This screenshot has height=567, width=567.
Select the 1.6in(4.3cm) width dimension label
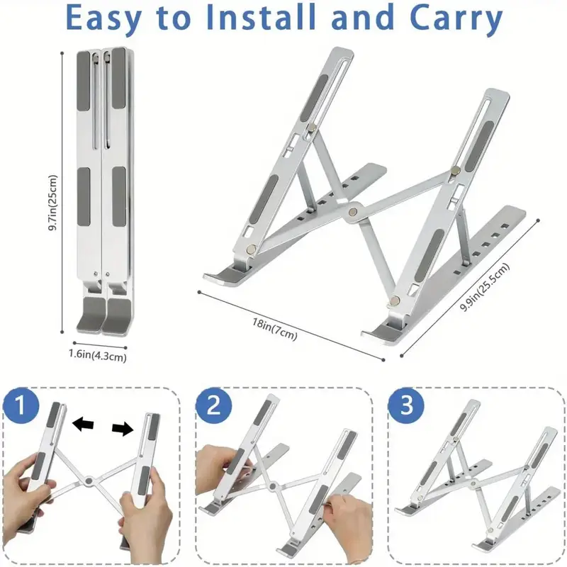coord(98,357)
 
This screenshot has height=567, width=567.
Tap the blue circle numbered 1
coord(26,408)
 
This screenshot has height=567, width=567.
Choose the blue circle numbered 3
coord(406,408)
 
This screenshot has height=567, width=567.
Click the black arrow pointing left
coord(84,424)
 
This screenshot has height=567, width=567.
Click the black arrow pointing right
coord(123,428)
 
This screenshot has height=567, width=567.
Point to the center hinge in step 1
coord(88,481)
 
